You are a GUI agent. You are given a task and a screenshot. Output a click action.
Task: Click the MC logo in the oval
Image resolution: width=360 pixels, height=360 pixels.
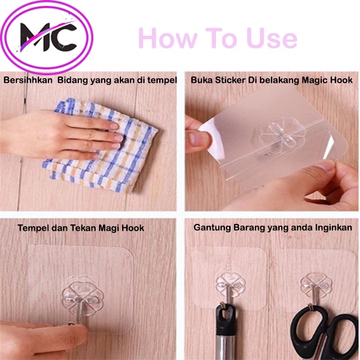tap(48, 37)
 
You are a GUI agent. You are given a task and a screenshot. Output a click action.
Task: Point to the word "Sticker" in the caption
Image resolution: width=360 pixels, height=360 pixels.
tap(229, 80)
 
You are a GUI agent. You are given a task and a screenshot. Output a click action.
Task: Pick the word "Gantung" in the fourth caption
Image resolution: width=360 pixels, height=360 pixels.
tap(211, 228)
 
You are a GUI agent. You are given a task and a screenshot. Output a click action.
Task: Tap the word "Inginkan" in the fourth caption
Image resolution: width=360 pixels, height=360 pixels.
tap(333, 228)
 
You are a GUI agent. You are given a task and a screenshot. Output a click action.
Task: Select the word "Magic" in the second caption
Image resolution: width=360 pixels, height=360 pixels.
tap(316, 80)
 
